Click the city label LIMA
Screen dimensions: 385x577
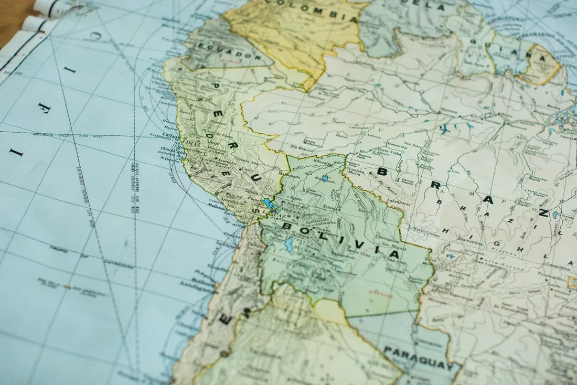coord(187,142)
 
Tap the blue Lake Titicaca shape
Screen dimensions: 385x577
coord(271,204)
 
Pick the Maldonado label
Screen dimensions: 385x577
coord(290,177)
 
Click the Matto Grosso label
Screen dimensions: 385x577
coord(426,229)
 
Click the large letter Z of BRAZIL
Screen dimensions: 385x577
coord(544,212)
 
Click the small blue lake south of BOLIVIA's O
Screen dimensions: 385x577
coord(288,244)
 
